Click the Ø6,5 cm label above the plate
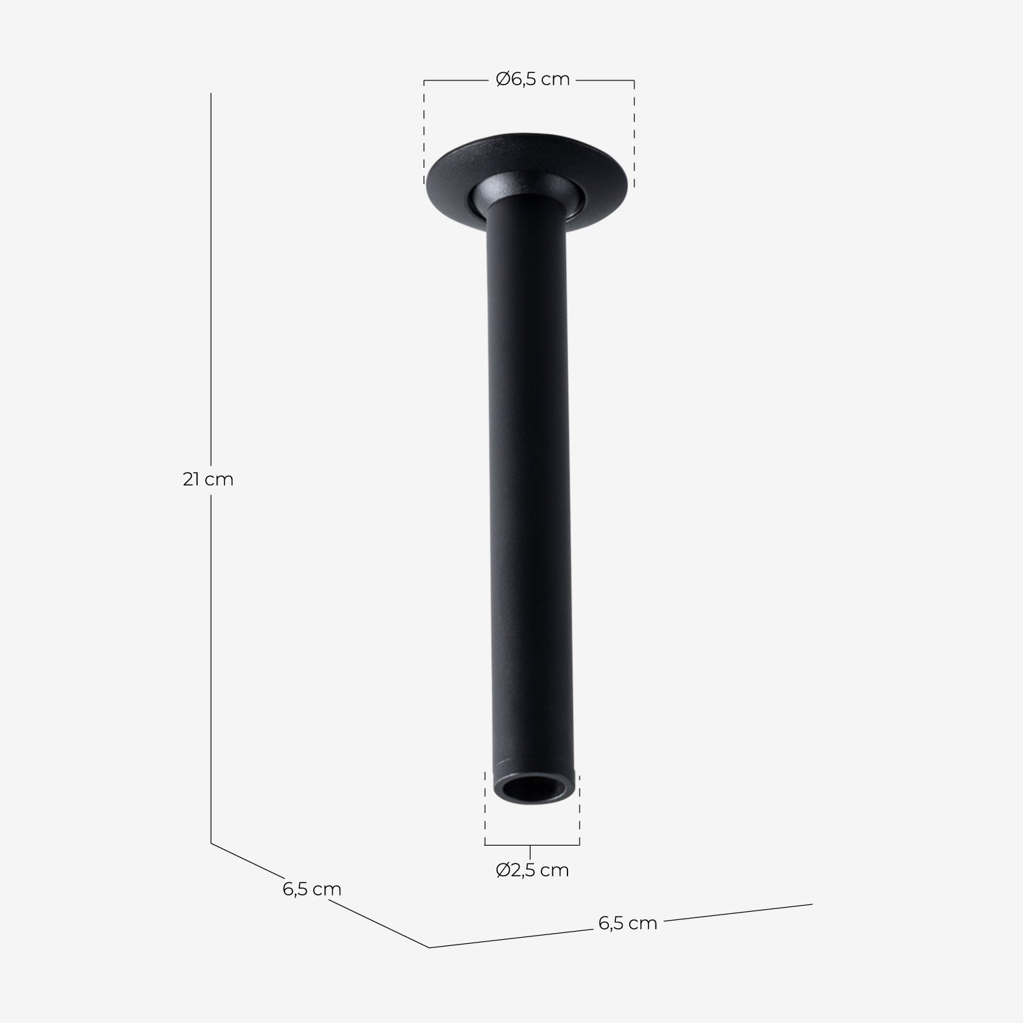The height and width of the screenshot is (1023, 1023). click(x=533, y=80)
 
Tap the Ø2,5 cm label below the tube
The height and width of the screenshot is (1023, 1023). click(x=532, y=870)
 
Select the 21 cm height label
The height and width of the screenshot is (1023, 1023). click(x=208, y=479)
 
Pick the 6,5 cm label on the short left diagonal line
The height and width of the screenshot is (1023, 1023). click(x=312, y=889)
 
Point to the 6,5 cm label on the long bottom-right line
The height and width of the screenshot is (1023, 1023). click(x=627, y=923)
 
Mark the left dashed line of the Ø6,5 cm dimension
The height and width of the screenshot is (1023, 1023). click(x=424, y=133)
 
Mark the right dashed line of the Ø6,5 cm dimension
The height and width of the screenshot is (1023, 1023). click(x=634, y=133)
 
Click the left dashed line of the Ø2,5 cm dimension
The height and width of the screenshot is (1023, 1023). click(x=485, y=808)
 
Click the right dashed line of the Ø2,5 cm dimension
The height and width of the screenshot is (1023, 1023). click(x=579, y=808)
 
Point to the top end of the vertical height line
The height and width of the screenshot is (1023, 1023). click(x=211, y=94)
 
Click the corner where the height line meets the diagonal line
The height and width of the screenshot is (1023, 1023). click(x=211, y=843)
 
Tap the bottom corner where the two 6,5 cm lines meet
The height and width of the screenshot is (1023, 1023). click(x=429, y=947)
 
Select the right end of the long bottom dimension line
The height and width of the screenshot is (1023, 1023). click(x=812, y=905)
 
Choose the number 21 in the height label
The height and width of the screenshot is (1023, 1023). click(x=191, y=479)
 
